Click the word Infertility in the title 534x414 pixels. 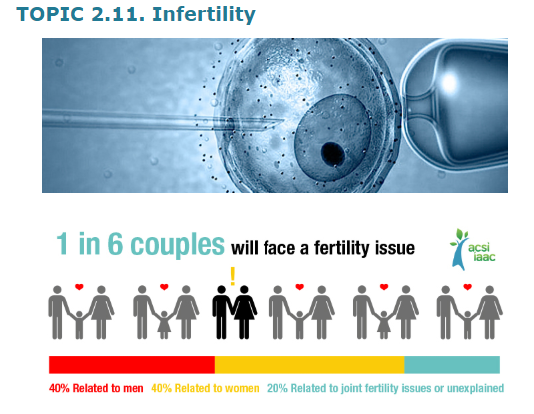[x=204, y=15]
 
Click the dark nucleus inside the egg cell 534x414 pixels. [x=333, y=153]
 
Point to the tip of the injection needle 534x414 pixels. [x=284, y=120]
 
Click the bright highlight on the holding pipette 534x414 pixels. [x=449, y=82]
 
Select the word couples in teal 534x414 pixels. [x=177, y=245]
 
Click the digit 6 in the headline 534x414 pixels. [x=115, y=244]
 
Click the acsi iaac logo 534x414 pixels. [x=473, y=249]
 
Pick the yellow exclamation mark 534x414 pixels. [x=233, y=276]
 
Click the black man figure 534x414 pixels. [x=221, y=312]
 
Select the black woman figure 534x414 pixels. [x=244, y=312]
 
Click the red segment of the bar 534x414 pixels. [x=132, y=365]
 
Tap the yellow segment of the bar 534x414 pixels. [x=309, y=365]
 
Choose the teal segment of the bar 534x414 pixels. [x=452, y=365]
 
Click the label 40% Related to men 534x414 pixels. [x=96, y=388]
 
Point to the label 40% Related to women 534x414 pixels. [x=205, y=388]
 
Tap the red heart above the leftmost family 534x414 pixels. [x=79, y=287]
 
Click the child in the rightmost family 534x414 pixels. [x=467, y=325]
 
